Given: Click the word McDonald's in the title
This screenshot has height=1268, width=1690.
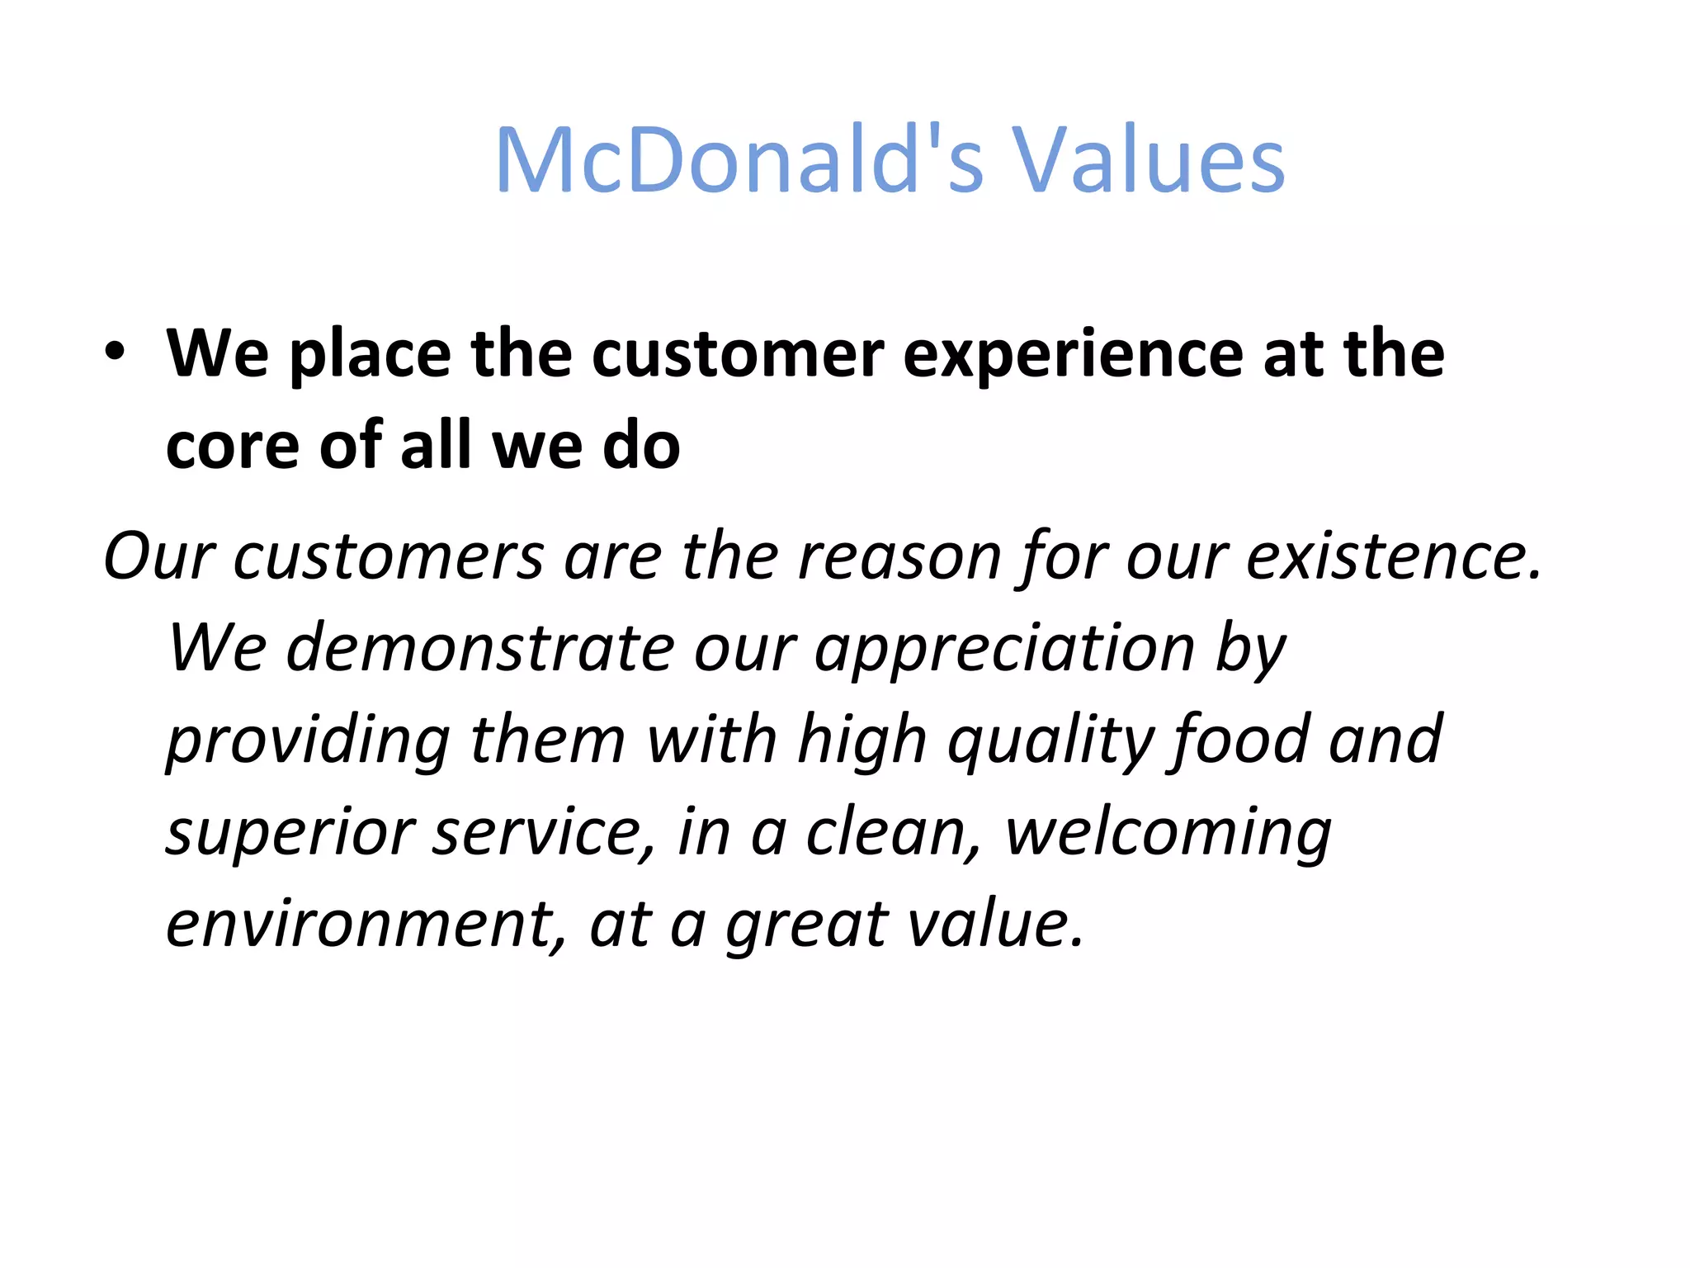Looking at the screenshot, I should (x=739, y=161).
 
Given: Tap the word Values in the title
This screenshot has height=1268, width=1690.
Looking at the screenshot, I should (x=1149, y=161).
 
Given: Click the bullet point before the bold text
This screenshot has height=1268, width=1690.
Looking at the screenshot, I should (x=116, y=352).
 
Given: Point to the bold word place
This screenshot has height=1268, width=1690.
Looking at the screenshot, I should (x=371, y=355).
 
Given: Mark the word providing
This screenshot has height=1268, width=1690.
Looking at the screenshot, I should (x=308, y=740).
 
